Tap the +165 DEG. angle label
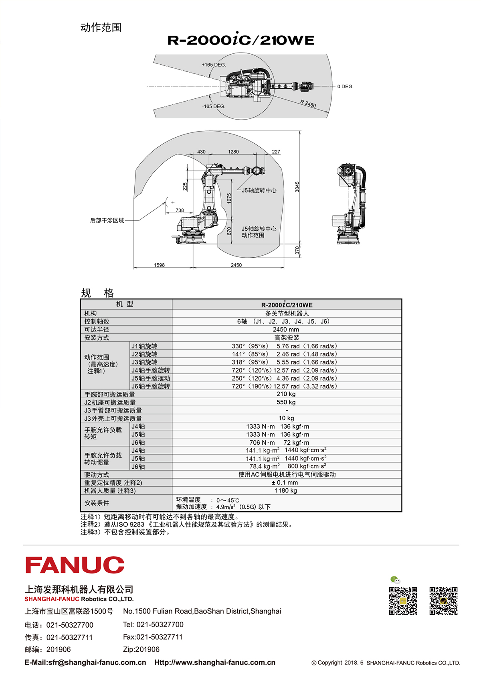[214, 65]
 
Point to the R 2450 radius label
[308, 104]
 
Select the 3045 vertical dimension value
[297, 187]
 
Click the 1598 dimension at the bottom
[160, 265]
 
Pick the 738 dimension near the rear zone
[180, 210]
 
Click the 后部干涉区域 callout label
[107, 221]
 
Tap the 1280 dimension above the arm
[233, 152]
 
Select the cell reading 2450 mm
[286, 329]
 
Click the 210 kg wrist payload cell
[286, 394]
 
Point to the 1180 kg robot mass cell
[286, 490]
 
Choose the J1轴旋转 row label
[144, 346]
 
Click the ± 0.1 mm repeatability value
[285, 482]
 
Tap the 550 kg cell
[286, 402]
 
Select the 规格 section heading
[97, 293]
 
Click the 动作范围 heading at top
[101, 27]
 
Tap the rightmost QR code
[443, 601]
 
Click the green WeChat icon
[395, 580]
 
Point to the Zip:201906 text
[141, 650]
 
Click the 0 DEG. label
[345, 87]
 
